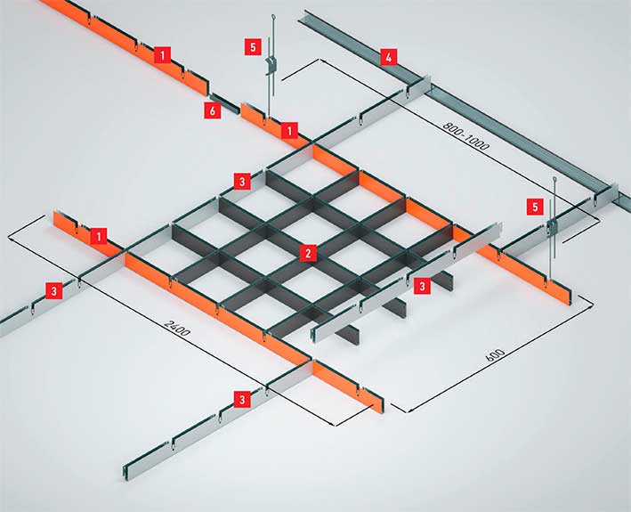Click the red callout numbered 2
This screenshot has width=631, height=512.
(308, 253)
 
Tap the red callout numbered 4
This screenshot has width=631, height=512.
(388, 58)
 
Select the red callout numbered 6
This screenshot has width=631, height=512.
(213, 110)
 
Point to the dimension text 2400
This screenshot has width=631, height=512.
(177, 328)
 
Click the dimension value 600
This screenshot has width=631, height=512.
(496, 356)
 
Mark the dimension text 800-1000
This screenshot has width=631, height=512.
(467, 136)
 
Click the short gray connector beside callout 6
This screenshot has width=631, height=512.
(224, 103)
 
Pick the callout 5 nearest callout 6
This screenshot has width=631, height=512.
(253, 47)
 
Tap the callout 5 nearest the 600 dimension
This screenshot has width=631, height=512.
(535, 207)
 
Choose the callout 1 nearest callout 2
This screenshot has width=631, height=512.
(289, 130)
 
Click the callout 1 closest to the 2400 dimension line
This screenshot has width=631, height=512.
(99, 236)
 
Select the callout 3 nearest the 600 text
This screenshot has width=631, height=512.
(422, 286)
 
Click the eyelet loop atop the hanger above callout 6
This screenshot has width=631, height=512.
(273, 17)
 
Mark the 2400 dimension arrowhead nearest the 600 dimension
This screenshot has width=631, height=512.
(332, 424)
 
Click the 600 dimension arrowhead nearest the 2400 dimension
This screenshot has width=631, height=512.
(409, 410)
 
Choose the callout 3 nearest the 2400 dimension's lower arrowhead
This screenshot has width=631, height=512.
(242, 400)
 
